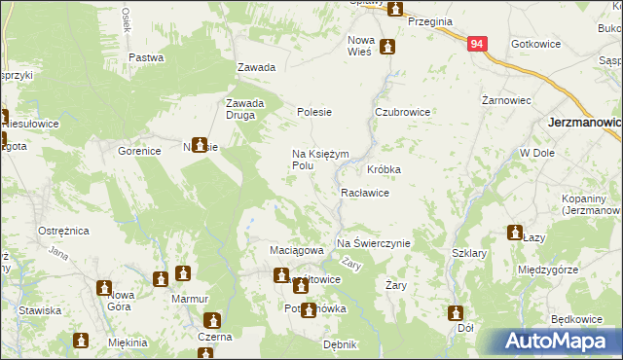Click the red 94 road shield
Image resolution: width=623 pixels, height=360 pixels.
476,45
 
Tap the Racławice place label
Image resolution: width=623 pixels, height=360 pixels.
365,193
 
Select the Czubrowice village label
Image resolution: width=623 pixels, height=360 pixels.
403,112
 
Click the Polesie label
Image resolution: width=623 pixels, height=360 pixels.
314,112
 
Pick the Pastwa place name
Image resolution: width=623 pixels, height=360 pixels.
146,57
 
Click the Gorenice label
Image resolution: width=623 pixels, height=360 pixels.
139,153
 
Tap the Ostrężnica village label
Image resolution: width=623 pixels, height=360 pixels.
64,231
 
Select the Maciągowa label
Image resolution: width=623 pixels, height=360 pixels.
296,250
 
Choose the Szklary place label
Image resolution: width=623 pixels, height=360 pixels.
469,253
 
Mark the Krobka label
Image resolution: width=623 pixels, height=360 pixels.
385,168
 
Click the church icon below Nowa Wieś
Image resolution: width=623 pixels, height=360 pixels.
387,46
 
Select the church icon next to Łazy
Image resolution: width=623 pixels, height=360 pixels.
514,233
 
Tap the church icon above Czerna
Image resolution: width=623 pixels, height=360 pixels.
212,320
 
